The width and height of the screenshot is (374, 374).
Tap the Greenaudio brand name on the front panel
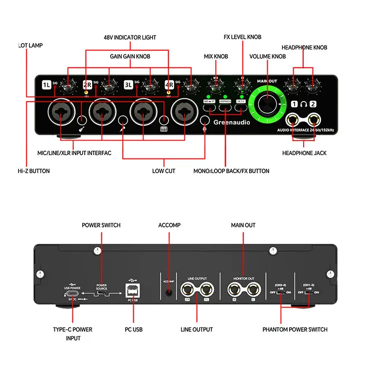tap(228, 122)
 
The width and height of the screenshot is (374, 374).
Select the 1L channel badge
tap(47, 84)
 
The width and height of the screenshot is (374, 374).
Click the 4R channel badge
tap(170, 84)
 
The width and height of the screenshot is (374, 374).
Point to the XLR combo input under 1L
tap(61, 112)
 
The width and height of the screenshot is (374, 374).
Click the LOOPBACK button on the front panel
tap(225, 101)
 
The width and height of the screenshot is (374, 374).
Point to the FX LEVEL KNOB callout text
tap(242, 37)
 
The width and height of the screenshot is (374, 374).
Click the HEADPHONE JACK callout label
tap(304, 153)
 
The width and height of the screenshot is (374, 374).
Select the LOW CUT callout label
tap(164, 171)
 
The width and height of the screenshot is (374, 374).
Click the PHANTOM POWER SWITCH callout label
tap(295, 330)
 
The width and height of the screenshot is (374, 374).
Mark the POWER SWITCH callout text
tap(101, 225)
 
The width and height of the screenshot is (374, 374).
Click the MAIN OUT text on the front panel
tap(267, 80)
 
